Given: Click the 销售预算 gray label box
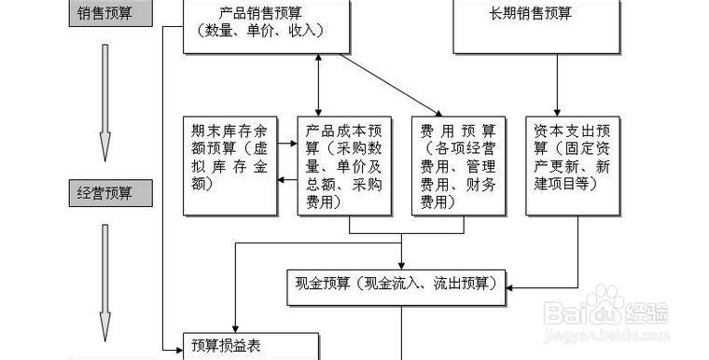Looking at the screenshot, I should click(105, 14).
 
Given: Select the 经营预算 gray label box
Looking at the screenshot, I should click(105, 193).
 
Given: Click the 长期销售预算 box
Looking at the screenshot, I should click(536, 25).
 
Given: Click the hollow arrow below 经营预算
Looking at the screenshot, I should click(105, 280).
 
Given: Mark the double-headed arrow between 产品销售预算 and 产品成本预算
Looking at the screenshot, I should click(320, 84).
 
